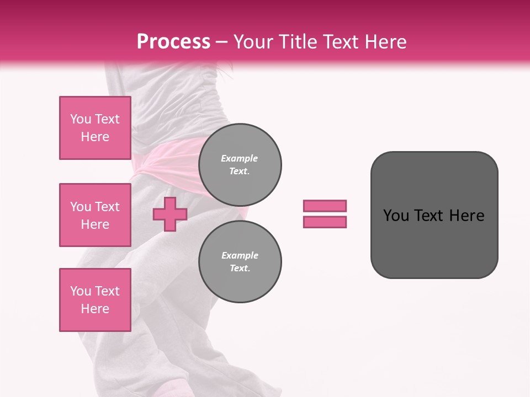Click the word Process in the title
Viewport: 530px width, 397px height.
point(173,41)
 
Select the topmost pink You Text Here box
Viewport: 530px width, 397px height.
point(95,128)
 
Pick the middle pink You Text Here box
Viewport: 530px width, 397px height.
point(95,215)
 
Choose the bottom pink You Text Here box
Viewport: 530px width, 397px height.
point(95,299)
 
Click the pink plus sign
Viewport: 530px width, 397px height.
point(169,214)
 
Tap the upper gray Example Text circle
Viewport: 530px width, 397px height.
point(240,165)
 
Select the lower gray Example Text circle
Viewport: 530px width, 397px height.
point(240,261)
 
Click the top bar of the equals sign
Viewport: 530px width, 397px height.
point(325,206)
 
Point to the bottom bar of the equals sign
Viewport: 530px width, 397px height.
point(325,222)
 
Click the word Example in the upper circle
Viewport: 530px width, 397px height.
point(239,158)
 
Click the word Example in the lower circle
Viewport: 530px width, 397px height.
point(240,255)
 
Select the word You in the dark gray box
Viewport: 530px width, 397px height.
point(396,216)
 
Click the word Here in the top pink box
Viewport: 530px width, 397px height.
point(95,137)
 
